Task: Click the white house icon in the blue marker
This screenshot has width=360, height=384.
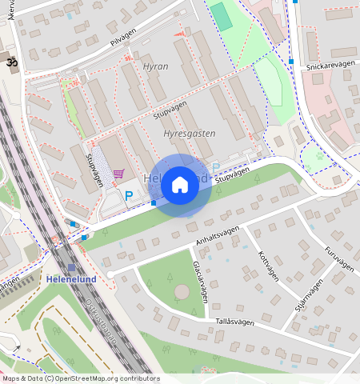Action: pos(180,185)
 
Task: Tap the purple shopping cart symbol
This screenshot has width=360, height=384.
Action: pos(118,173)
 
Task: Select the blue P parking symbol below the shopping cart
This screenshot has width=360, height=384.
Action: pos(128,195)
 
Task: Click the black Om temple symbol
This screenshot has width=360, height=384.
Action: pos(11,62)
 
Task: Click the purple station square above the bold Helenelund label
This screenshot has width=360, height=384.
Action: pos(71,268)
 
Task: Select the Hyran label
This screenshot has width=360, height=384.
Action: pos(155,66)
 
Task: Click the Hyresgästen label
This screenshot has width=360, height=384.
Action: pos(189,134)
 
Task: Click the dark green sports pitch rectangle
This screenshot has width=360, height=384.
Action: pos(222,17)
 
